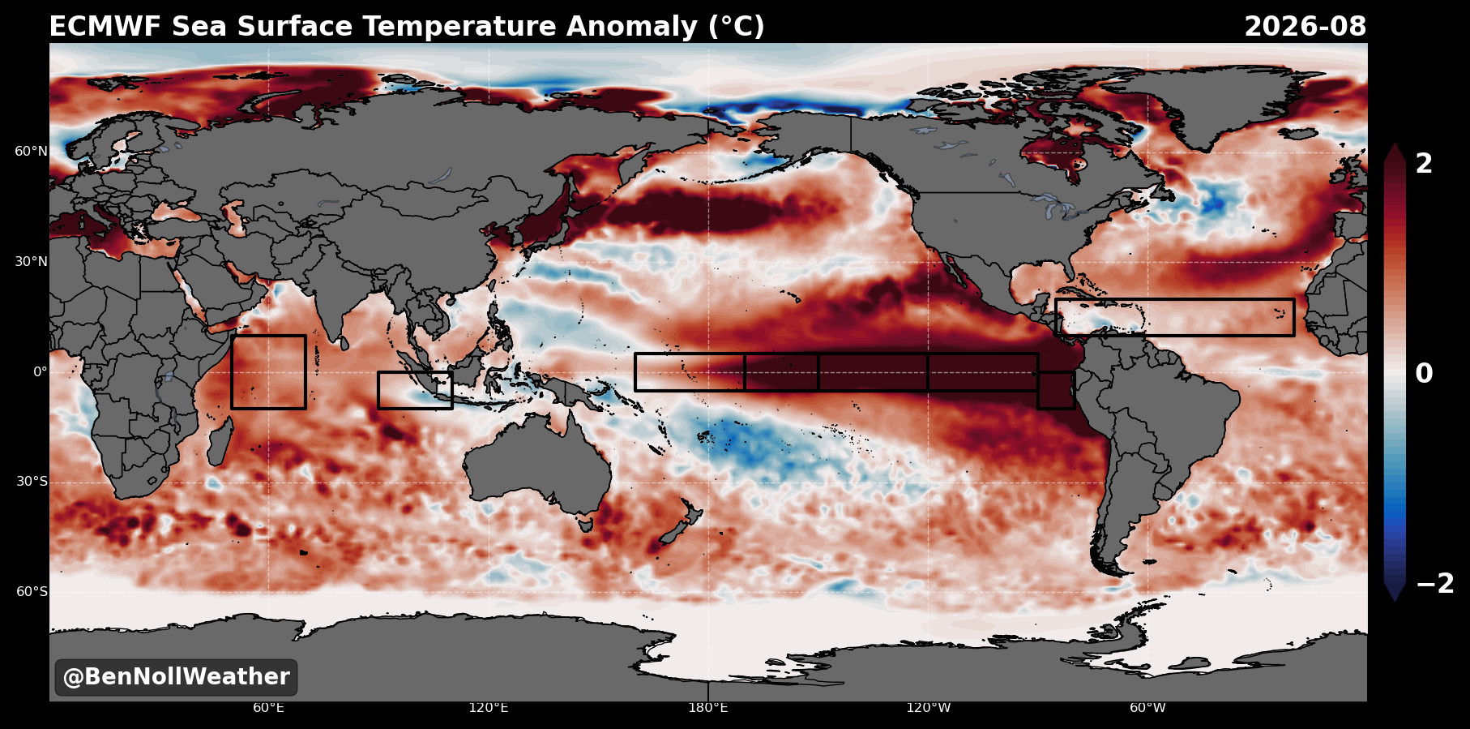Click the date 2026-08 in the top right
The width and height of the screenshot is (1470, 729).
[1305, 27]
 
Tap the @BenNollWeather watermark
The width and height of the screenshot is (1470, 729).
[176, 677]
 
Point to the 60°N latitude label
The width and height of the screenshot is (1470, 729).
[31, 152]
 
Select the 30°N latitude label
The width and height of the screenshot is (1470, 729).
[31, 262]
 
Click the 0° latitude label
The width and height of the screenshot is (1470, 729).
[40, 372]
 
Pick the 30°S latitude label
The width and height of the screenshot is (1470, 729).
[32, 482]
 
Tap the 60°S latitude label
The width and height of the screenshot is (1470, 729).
[32, 591]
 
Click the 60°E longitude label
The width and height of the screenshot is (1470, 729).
[268, 708]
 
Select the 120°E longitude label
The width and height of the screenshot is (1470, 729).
[488, 708]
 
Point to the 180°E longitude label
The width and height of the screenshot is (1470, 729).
[708, 708]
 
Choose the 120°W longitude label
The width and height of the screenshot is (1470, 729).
[928, 708]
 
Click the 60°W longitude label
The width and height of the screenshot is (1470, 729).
[1147, 708]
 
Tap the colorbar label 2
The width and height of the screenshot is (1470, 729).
[1424, 164]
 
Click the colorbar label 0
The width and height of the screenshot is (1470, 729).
[1424, 374]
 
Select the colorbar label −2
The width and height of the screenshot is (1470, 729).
[1435, 584]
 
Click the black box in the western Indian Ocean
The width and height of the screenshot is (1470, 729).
[232, 372]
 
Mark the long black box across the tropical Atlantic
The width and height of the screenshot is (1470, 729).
[1175, 300]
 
